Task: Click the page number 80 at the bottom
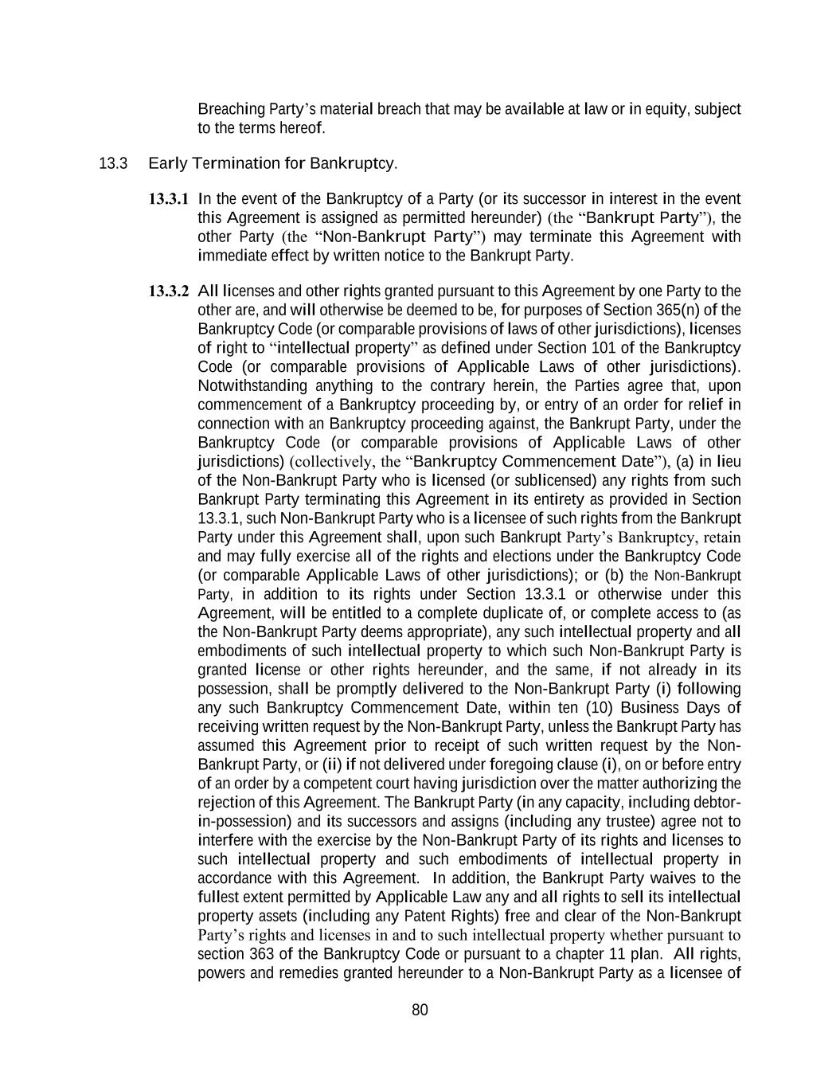coord(420,1011)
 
